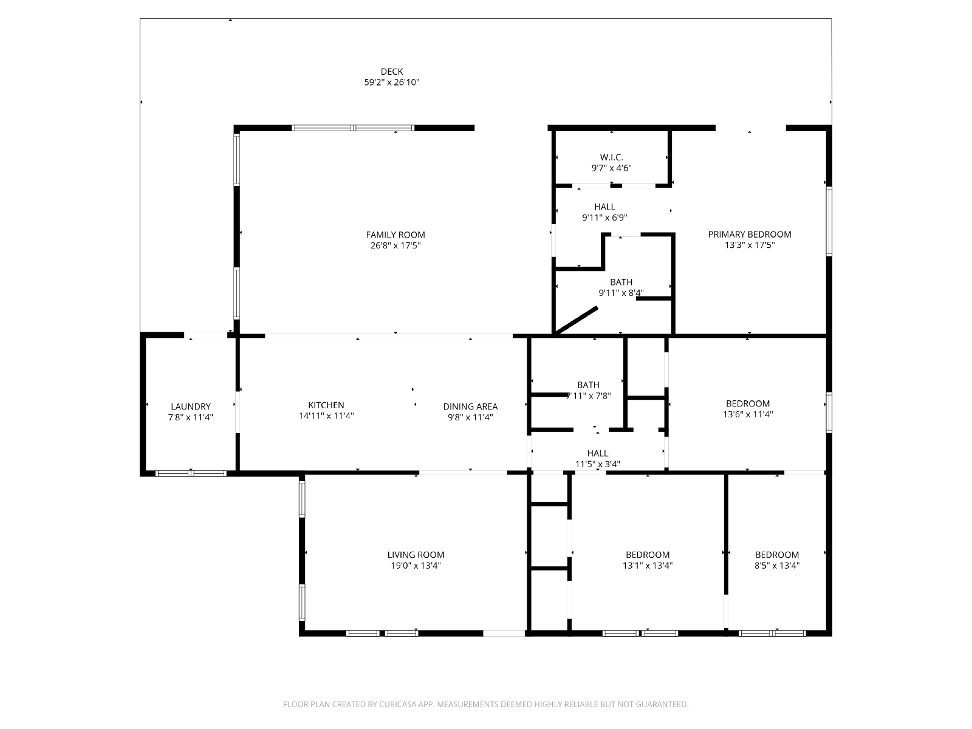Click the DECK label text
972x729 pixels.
(x=391, y=71)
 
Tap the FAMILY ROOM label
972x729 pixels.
(x=395, y=234)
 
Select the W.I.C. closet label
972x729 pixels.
(x=611, y=157)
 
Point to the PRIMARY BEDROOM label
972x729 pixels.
(x=749, y=234)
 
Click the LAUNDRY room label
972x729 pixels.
(x=190, y=406)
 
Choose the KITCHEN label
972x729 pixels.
(x=326, y=405)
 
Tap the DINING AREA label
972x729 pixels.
(x=470, y=406)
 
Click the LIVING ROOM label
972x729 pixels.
(x=416, y=555)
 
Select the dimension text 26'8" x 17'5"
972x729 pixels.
(x=395, y=245)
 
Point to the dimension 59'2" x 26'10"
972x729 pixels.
(x=391, y=82)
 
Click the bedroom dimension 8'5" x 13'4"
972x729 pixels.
(x=777, y=565)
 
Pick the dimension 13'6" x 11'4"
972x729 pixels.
(x=747, y=414)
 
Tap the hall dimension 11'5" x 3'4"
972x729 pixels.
(x=597, y=464)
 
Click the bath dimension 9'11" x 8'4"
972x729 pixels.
(x=621, y=293)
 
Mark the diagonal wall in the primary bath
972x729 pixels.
(x=576, y=321)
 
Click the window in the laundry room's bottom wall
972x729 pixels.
(x=191, y=473)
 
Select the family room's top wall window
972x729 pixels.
(x=353, y=128)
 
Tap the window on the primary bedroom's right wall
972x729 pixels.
(x=829, y=221)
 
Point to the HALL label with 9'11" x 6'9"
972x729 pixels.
(x=604, y=207)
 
